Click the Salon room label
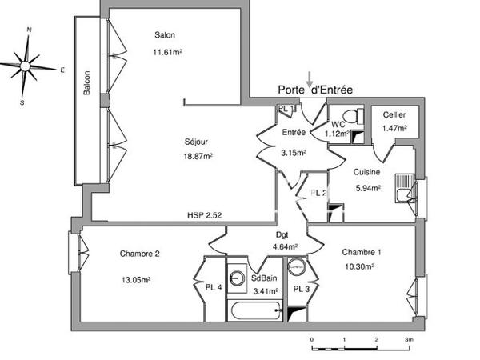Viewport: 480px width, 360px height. pyautogui.click(x=165, y=35)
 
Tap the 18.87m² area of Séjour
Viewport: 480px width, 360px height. pyautogui.click(x=198, y=157)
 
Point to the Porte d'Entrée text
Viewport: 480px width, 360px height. pyautogui.click(x=314, y=90)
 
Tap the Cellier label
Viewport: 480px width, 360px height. pyautogui.click(x=394, y=114)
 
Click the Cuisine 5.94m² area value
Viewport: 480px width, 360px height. pyautogui.click(x=368, y=188)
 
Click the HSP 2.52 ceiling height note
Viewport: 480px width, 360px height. pyautogui.click(x=205, y=215)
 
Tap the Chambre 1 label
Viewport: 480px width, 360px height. pyautogui.click(x=358, y=251)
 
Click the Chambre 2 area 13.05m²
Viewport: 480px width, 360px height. pyautogui.click(x=135, y=280)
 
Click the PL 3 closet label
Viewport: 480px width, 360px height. pyautogui.click(x=302, y=289)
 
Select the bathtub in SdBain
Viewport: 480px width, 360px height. pyautogui.click(x=257, y=312)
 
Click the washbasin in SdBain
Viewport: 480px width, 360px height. pyautogui.click(x=238, y=278)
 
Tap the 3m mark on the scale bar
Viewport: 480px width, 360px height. pyautogui.click(x=408, y=340)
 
